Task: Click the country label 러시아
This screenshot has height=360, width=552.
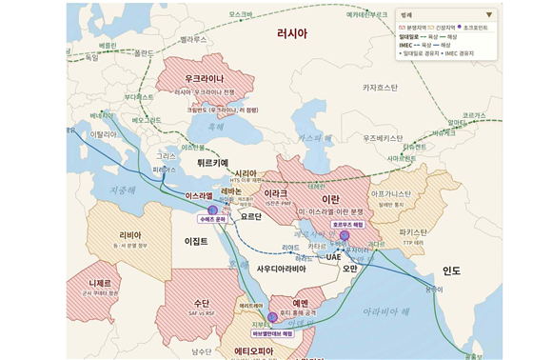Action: (x=291, y=33)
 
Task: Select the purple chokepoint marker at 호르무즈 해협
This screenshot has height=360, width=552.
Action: (x=345, y=235)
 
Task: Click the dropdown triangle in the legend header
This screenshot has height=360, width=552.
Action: (x=489, y=15)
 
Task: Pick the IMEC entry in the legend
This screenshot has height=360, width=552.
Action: (x=406, y=44)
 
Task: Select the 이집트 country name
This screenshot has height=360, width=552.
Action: (x=195, y=242)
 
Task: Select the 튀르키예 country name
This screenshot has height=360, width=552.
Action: (x=213, y=163)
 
